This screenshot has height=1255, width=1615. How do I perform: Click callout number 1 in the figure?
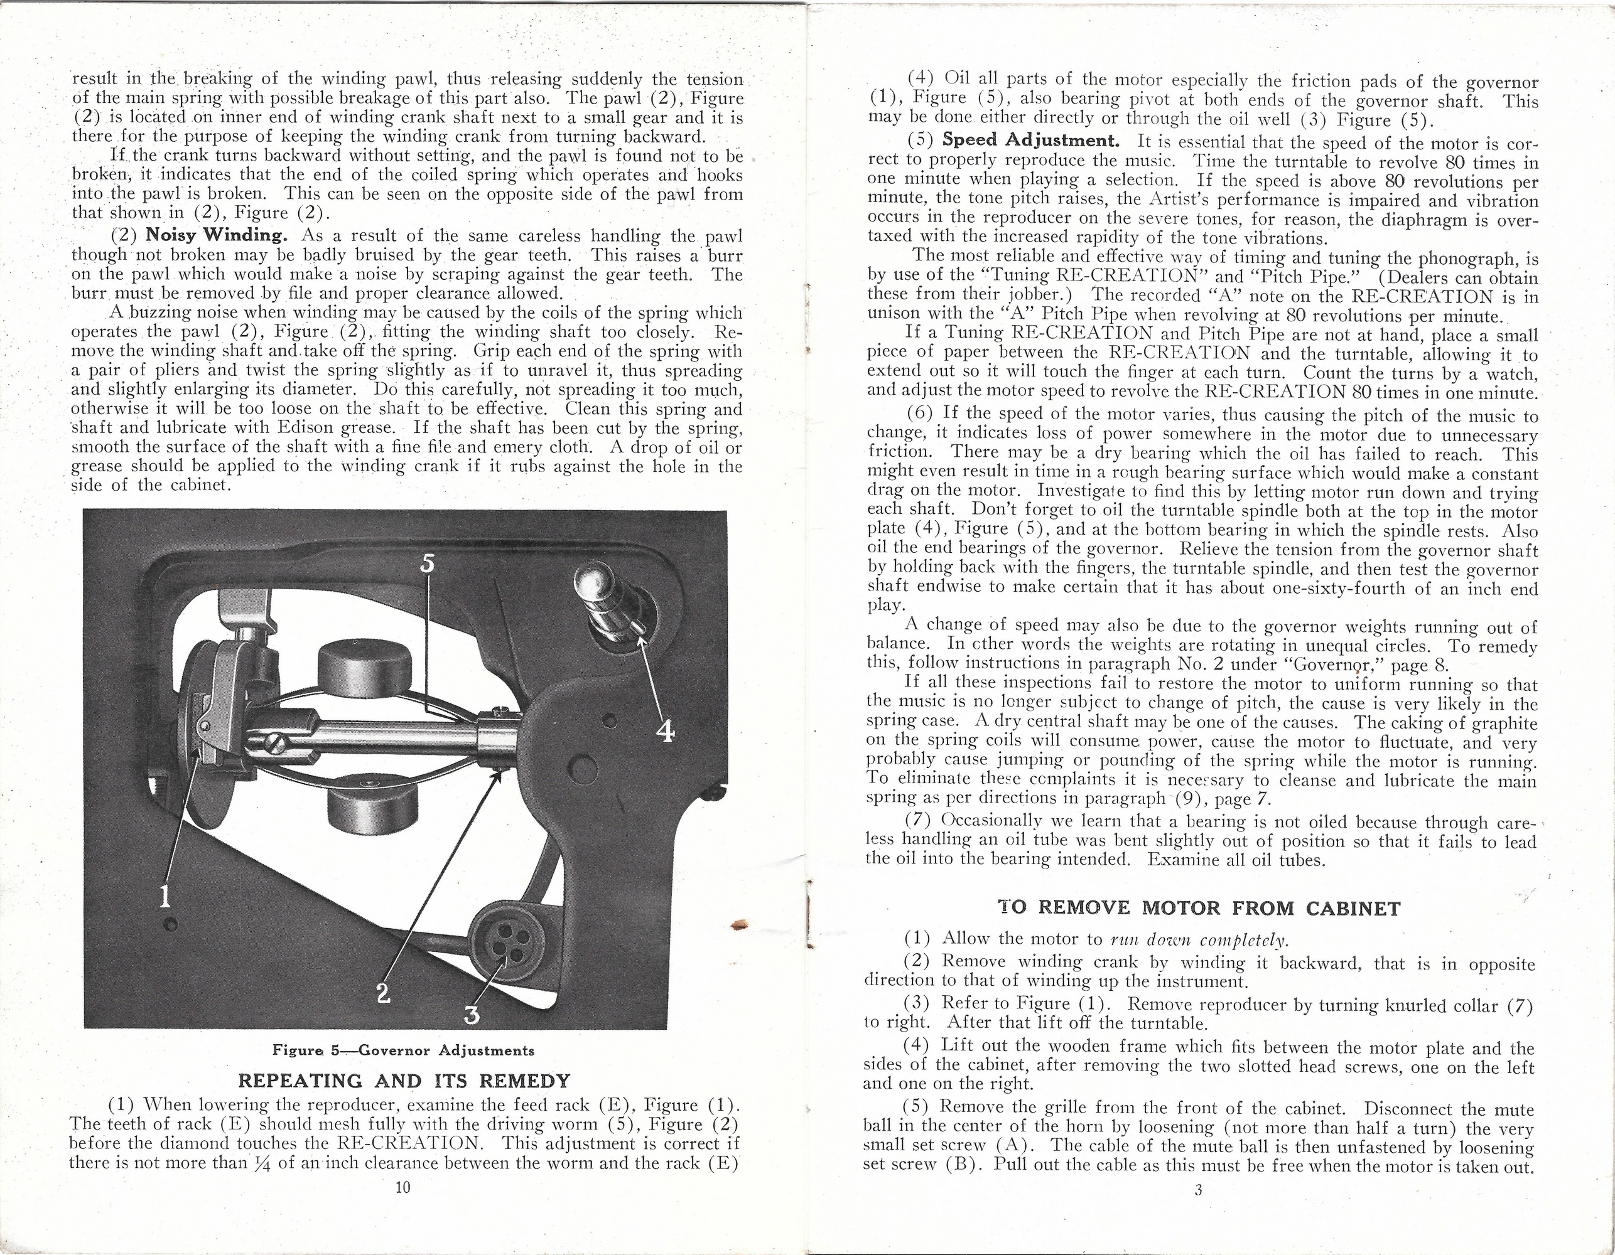[166, 897]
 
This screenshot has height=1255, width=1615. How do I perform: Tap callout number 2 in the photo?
[382, 993]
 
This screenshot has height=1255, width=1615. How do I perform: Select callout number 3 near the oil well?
[471, 1015]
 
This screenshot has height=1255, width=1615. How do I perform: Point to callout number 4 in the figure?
[666, 731]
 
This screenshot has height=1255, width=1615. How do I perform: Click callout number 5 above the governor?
[428, 563]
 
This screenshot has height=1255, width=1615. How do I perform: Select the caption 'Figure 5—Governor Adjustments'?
[403, 1050]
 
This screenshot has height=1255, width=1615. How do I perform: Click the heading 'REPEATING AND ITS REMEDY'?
[404, 1081]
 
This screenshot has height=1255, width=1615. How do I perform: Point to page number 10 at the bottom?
[403, 1188]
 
